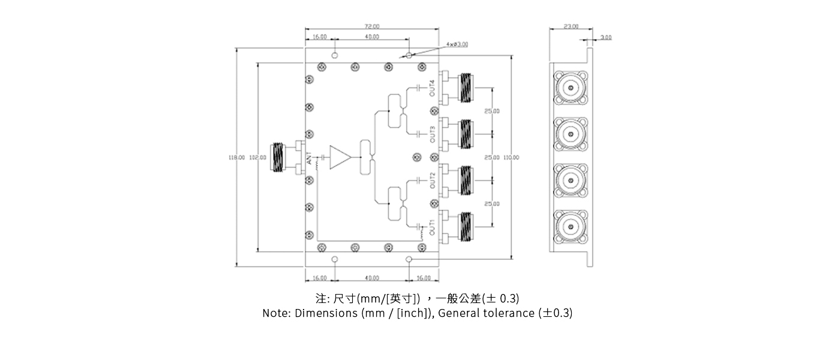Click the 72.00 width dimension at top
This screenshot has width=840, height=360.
point(371,26)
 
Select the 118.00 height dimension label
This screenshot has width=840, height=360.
point(236,157)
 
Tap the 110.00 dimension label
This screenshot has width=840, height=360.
point(511,157)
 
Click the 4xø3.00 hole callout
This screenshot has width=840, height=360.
point(457,44)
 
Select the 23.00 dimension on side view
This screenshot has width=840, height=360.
point(571,26)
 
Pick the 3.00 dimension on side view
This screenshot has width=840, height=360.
point(606,37)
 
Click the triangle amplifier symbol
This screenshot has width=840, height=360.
point(340,157)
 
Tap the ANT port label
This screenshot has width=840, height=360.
point(310,160)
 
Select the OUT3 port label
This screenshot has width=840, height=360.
point(432,133)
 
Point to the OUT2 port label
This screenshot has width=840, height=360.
point(432,180)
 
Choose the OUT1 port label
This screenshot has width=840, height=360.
point(432,227)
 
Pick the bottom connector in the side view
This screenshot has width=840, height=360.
point(570,226)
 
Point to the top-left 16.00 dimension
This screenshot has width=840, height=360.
point(320,37)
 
